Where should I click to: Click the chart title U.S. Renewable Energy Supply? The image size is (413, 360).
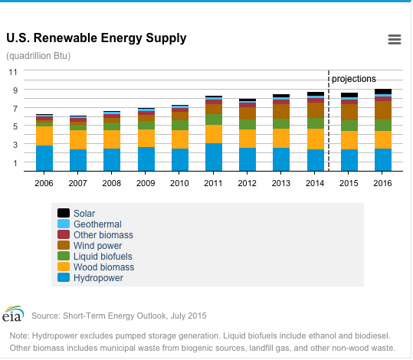97,38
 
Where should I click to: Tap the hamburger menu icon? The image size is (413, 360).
395,40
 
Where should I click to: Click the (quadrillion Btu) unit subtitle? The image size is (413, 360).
38,56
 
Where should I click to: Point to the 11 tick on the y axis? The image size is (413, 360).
13,72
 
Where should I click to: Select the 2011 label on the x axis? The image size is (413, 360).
213,183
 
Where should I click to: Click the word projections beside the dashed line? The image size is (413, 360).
354,79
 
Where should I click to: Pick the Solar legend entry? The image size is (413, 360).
77,213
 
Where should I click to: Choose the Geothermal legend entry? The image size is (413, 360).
90,224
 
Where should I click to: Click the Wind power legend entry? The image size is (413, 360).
90,245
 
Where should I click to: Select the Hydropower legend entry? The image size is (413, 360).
90,277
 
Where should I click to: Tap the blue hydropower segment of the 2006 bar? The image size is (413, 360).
44,158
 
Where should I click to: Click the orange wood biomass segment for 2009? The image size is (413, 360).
146,138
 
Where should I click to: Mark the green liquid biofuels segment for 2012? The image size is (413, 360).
247,124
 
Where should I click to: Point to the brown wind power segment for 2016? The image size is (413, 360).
383,110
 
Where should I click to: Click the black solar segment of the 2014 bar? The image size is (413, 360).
316,93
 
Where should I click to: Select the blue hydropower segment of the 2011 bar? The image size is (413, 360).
214,157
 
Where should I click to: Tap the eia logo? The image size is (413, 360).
13,313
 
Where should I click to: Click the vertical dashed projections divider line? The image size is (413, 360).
329,120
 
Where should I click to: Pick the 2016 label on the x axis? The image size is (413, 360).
382,183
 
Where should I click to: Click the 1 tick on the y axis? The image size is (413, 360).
15,163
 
